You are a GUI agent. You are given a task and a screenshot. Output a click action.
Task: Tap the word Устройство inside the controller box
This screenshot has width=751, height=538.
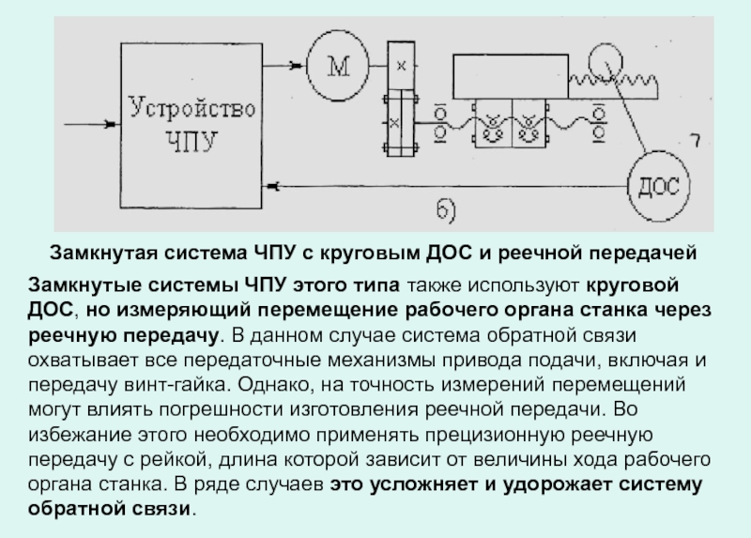pos(192,108)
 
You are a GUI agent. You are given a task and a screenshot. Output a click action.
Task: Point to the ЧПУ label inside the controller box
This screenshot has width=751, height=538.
pos(192,142)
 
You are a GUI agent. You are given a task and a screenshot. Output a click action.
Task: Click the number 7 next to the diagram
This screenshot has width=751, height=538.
pos(696,141)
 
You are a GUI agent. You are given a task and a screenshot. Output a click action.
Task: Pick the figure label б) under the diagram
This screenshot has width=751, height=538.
pos(446,211)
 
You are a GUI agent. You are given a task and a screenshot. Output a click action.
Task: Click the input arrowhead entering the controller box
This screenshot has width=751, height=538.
pos(111,125)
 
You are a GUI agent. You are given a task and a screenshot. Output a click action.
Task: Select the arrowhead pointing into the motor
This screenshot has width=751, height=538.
pos(298,66)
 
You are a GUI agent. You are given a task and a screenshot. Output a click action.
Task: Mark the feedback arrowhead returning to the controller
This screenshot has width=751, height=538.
pos(272,186)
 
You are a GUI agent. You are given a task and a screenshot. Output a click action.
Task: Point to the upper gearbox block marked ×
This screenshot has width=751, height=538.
pos(402,66)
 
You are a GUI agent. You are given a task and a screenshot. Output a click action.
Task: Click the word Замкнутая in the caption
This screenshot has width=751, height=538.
pos(103,253)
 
